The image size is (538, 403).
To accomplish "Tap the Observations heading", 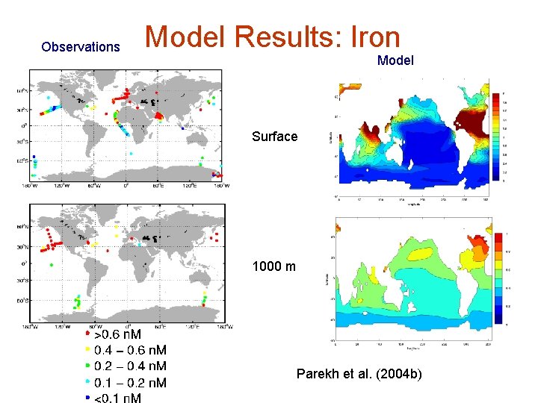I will pos(81,47).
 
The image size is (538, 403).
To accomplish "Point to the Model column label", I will pos(395,60).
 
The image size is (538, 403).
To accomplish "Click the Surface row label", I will pos(274,137).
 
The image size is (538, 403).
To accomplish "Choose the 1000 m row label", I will pos(274,266).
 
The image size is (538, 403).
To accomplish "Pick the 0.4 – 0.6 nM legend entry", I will pos(130,350).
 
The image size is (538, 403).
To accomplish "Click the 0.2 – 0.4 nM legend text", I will pos(130,366).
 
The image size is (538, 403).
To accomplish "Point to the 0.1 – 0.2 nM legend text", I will pos(130,383).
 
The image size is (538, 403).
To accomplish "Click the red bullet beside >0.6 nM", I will pos(88,335).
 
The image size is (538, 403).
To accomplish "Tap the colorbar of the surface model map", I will pos(496,137).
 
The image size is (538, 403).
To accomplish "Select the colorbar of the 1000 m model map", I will pos(498,276).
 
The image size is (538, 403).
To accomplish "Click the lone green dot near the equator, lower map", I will pos(52,265).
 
